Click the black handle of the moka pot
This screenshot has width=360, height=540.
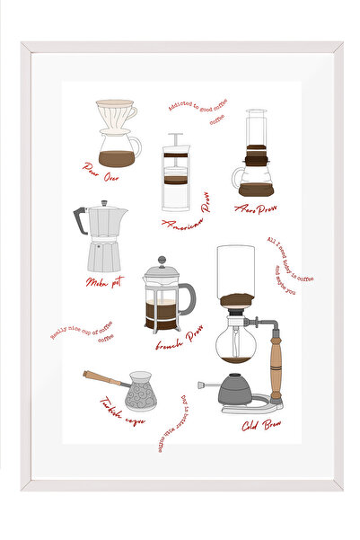click(78, 221)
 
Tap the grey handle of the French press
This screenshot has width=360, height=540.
click(188, 297)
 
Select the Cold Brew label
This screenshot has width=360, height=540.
click(264, 426)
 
